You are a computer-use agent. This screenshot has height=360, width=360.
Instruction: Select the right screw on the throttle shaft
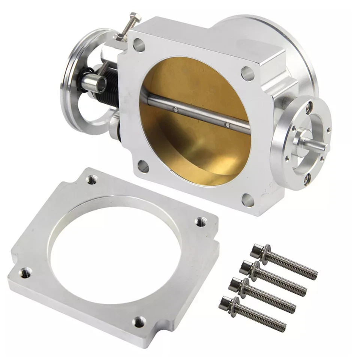coord(227,124)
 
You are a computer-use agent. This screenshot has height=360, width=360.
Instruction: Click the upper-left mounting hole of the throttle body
coord(139,45)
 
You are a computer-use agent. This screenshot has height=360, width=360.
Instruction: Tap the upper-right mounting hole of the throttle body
coord(247,73)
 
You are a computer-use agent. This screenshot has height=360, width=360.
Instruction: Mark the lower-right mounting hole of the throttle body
coord(248,199)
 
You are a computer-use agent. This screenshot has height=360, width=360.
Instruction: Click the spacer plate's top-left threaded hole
coord(91,180)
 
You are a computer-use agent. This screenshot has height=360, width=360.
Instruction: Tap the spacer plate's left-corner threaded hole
coord(25,272)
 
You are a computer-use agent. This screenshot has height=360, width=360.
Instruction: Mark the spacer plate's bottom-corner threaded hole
coord(139,321)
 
